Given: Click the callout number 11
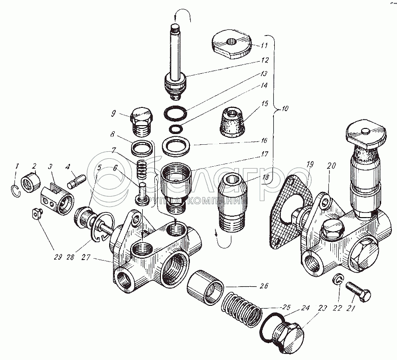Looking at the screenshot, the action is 264,45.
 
